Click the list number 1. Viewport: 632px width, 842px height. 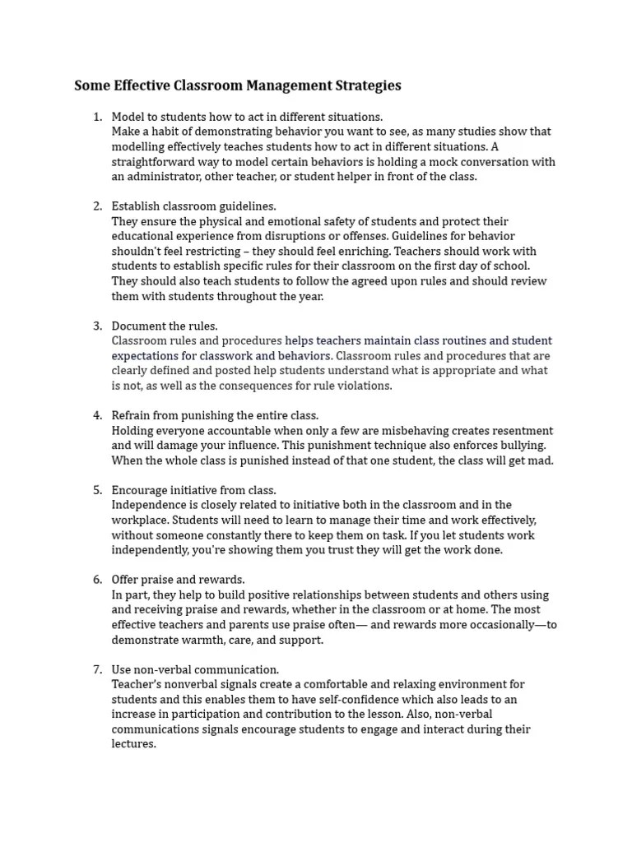pyautogui.click(x=97, y=117)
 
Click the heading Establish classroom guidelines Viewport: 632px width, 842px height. pyautogui.click(x=193, y=206)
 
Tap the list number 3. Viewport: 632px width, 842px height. pyautogui.click(x=97, y=326)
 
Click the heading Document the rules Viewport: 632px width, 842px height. pyautogui.click(x=165, y=326)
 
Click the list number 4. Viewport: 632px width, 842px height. pyautogui.click(x=97, y=416)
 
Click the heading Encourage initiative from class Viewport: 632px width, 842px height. pyautogui.click(x=193, y=491)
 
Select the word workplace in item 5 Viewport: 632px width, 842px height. pyautogui.click(x=141, y=520)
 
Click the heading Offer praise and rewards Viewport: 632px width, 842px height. pyautogui.click(x=178, y=581)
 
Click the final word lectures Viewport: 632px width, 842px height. pyautogui.click(x=133, y=744)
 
